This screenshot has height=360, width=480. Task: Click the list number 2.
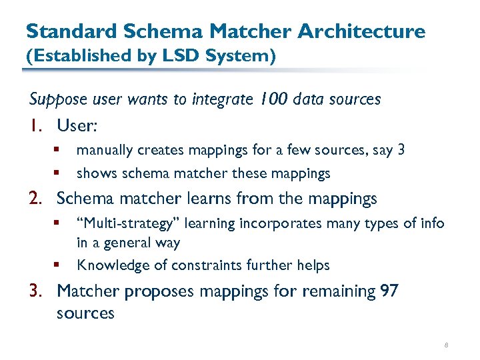[x=37, y=199]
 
